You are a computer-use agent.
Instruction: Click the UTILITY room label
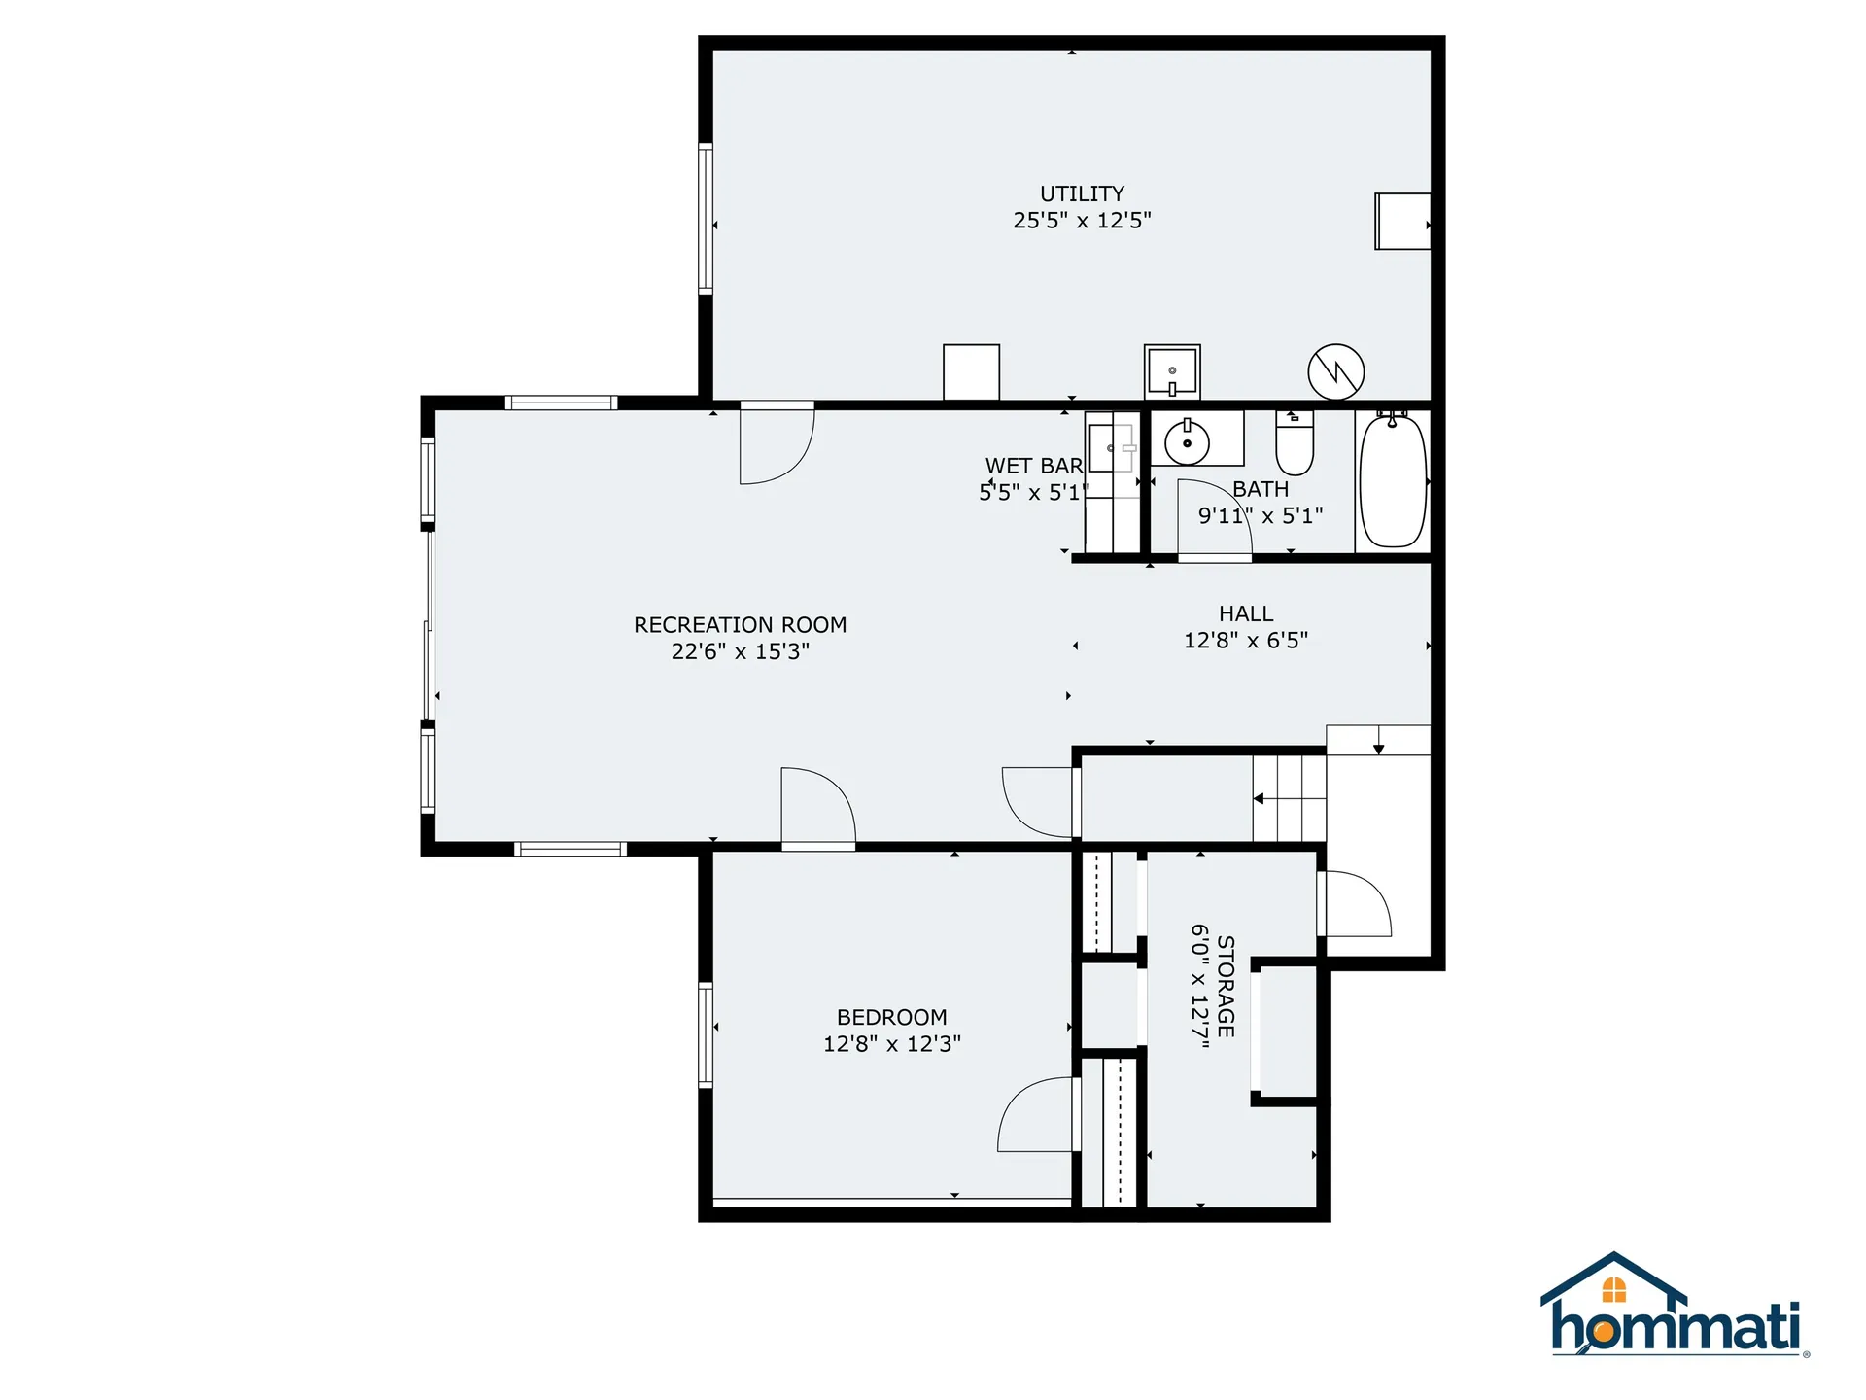pos(1082,193)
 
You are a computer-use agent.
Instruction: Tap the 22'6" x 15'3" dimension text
pos(740,651)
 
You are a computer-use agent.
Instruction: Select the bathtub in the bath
pos(1393,481)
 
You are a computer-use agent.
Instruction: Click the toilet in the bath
pos(1295,446)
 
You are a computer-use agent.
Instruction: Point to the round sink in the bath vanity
pos(1187,443)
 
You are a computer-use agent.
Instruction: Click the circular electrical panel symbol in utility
pos(1336,371)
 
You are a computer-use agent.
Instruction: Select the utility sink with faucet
pos(1172,371)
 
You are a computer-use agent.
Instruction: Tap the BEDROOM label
pos(891,1017)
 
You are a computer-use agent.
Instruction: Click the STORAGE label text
pos(1226,986)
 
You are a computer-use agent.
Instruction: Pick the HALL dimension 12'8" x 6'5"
pos(1245,640)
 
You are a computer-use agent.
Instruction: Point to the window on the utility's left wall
pos(706,218)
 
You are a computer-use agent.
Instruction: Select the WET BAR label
pos(1033,466)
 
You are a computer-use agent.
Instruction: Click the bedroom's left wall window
pos(706,1034)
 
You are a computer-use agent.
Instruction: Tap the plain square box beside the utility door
pos(971,371)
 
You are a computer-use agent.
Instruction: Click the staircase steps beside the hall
pos(1289,798)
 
